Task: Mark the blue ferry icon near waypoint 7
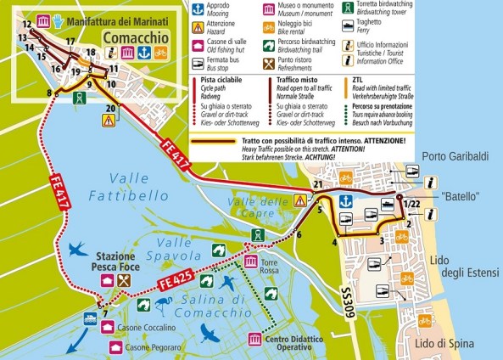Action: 89,317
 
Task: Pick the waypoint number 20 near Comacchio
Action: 109,108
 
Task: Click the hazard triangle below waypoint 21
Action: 300,201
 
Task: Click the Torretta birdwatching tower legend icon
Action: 349,9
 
